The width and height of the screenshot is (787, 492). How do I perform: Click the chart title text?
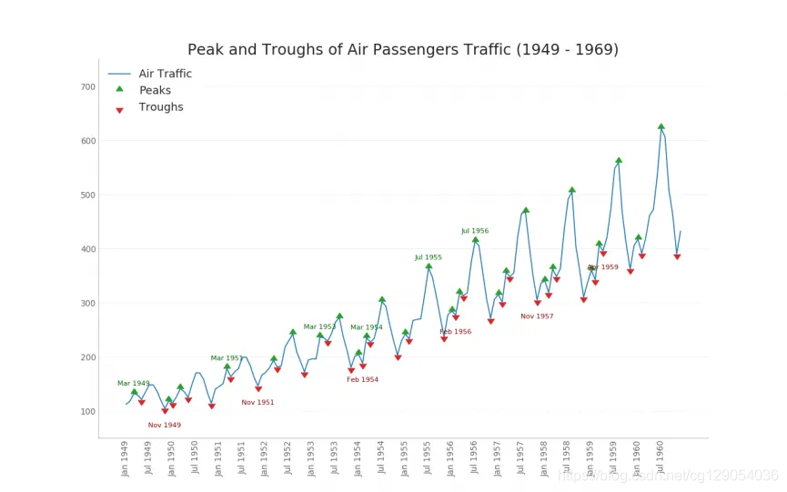(x=402, y=50)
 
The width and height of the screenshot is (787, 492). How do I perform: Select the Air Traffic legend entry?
(x=165, y=74)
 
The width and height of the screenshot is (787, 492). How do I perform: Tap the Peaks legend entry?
(x=155, y=90)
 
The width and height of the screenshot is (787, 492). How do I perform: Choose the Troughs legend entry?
(x=161, y=107)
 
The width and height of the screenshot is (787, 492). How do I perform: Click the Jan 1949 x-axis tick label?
(x=126, y=457)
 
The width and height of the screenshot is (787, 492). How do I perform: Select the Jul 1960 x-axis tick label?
(x=661, y=457)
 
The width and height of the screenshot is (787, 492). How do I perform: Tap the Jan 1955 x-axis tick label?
(x=405, y=457)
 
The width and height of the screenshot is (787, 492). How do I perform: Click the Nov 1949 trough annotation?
(x=165, y=425)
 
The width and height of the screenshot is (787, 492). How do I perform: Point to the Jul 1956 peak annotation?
(x=475, y=231)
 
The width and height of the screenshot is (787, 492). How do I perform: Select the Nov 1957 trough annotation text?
(x=537, y=316)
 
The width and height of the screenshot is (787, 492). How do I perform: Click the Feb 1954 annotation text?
(x=362, y=379)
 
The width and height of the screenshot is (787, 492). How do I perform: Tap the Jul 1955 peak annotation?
(x=429, y=257)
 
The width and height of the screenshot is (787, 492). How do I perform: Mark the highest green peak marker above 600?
(x=661, y=126)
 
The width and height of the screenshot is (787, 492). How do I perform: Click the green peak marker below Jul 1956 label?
(x=475, y=240)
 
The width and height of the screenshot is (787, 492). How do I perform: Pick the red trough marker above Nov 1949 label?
(x=165, y=411)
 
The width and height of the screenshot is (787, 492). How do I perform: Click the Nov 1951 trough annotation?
(x=257, y=402)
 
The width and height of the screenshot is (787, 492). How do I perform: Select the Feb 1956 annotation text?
(x=455, y=332)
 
